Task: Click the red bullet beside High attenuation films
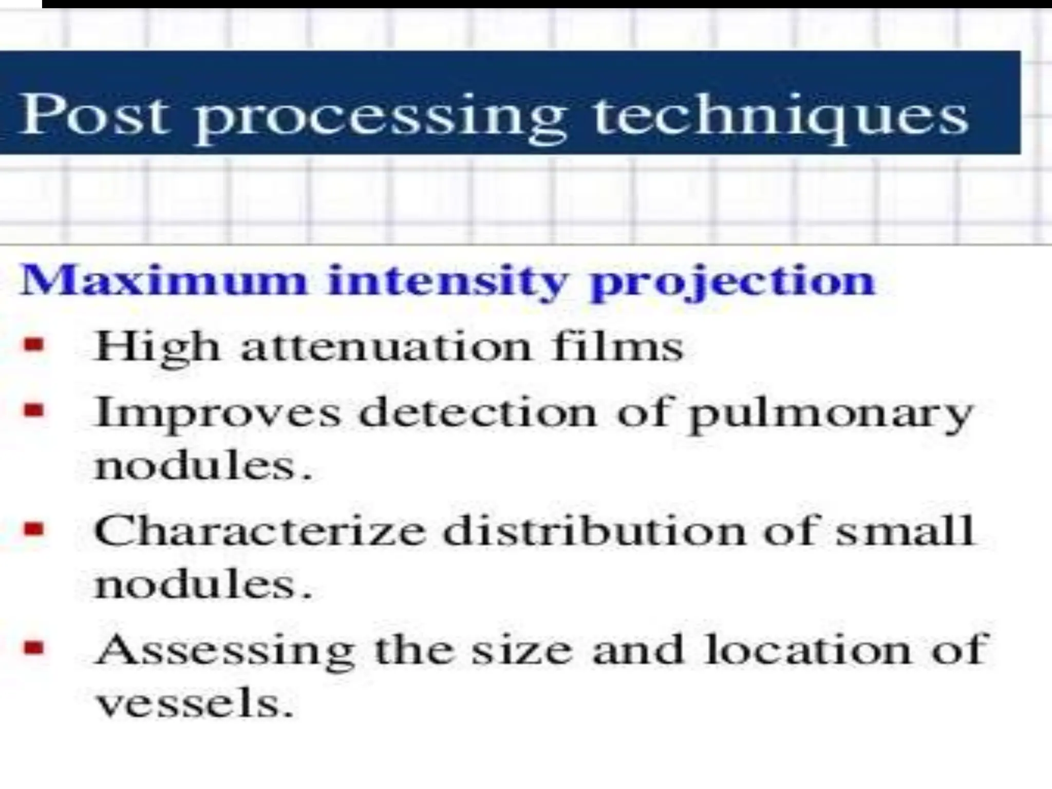pos(33,345)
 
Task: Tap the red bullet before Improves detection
pos(33,411)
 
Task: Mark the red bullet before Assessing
pos(33,649)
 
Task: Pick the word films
pos(617,347)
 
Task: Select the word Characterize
pos(260,531)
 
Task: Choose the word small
pos(904,531)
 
